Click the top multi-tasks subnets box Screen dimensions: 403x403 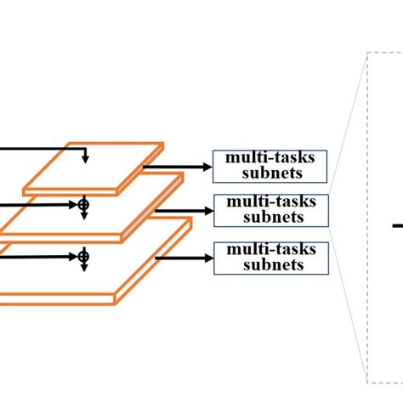pyautogui.click(x=270, y=167)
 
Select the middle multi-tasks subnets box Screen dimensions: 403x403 pyautogui.click(x=270, y=209)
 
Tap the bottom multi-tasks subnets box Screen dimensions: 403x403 pyautogui.click(x=270, y=257)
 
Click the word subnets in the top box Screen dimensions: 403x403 pyautogui.click(x=270, y=174)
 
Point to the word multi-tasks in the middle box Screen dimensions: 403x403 pyautogui.click(x=270, y=201)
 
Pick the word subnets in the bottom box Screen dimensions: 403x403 pyautogui.click(x=270, y=264)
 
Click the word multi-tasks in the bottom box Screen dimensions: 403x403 pyautogui.click(x=270, y=249)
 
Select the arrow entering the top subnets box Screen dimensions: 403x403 pyautogui.click(x=179, y=167)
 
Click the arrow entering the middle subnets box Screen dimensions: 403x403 pyautogui.click(x=183, y=210)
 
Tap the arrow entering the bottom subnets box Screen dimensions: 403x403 pyautogui.click(x=183, y=258)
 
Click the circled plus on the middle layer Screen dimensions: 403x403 pyautogui.click(x=83, y=205)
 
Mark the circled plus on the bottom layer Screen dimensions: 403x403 pyautogui.click(x=83, y=256)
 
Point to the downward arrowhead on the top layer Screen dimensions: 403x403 pyautogui.click(x=84, y=158)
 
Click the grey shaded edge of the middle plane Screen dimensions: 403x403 pyautogui.click(x=153, y=204)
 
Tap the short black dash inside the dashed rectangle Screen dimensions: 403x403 pyautogui.click(x=397, y=225)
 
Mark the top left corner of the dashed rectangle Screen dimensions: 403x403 pyautogui.click(x=367, y=53)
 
